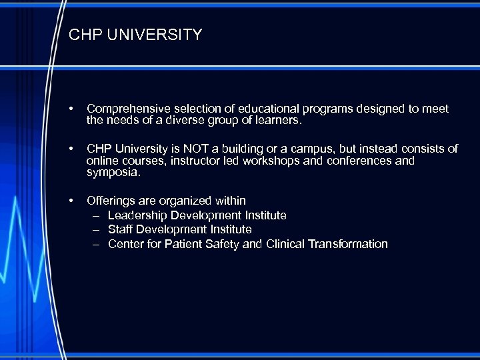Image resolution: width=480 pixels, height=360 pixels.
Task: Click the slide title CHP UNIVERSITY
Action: click(x=135, y=35)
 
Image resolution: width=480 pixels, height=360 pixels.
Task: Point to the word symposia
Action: click(x=113, y=172)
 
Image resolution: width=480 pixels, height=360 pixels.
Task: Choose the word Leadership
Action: click(x=137, y=215)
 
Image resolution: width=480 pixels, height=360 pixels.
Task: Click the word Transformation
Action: click(x=348, y=244)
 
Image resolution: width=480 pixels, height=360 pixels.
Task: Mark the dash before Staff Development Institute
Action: click(x=96, y=229)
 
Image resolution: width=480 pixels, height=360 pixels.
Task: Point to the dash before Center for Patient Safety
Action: click(x=96, y=244)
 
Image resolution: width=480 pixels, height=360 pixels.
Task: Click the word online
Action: click(x=103, y=161)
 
